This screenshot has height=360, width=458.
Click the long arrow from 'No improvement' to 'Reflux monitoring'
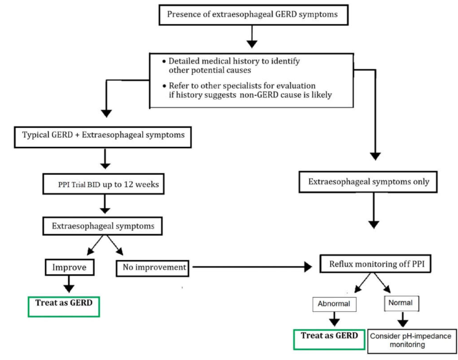[252, 267]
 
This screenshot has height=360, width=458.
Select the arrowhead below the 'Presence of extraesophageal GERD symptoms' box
[252, 44]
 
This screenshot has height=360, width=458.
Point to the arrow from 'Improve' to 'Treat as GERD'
[69, 284]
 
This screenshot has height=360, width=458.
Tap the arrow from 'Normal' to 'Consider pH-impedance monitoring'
[402, 319]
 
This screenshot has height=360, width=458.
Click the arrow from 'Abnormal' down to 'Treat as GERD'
[334, 319]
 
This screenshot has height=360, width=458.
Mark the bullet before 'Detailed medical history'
[164, 62]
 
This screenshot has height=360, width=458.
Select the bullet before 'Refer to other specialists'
[164, 86]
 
